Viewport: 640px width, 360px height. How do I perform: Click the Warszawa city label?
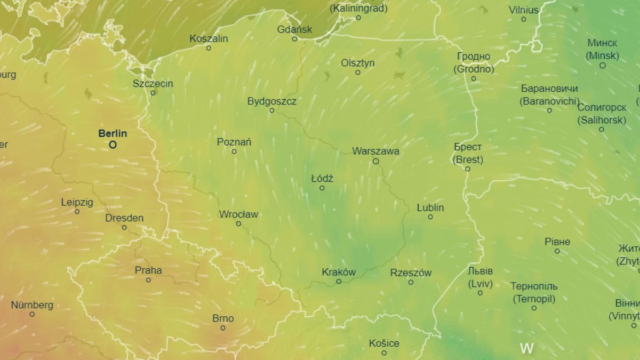[375, 151]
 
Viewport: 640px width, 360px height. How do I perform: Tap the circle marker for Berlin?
[113, 145]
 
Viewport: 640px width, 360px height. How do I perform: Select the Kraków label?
[339, 272]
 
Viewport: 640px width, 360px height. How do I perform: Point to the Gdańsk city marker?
[294, 39]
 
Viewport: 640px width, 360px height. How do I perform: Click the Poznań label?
[234, 142]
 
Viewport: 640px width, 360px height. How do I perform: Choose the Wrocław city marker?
[238, 224]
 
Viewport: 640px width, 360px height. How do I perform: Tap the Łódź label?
[322, 179]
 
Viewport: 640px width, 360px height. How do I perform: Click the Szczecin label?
[153, 84]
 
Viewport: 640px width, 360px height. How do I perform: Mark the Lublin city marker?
[430, 217]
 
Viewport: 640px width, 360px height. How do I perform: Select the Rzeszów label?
[411, 273]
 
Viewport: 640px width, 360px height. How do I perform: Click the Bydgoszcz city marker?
[271, 110]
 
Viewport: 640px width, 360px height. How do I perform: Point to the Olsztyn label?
[358, 63]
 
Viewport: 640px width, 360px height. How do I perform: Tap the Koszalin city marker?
[209, 48]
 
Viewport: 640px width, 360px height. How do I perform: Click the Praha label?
[148, 270]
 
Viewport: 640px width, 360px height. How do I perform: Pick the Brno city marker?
[223, 328]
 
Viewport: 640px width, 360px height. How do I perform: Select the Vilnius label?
[524, 10]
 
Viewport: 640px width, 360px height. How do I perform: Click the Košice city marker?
[384, 353]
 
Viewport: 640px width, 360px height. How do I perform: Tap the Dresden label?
[124, 218]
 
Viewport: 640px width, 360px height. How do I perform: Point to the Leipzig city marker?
[77, 212]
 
